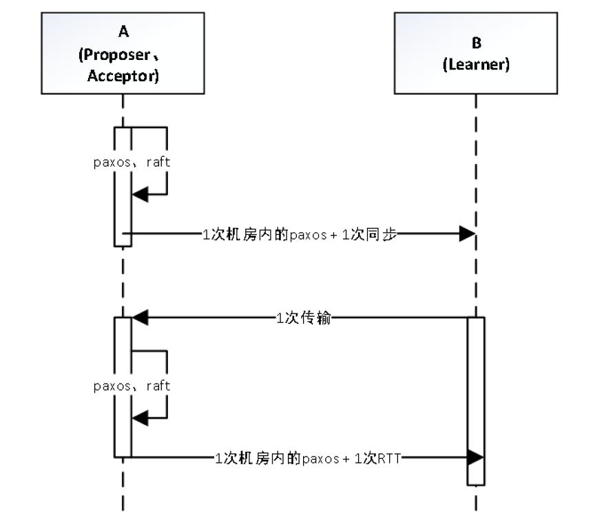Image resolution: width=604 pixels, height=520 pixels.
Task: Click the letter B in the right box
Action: (476, 43)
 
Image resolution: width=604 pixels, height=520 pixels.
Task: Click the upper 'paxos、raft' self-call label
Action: (132, 163)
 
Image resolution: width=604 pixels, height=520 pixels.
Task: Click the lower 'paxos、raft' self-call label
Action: (132, 386)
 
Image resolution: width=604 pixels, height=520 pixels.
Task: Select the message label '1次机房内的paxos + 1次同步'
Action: (299, 233)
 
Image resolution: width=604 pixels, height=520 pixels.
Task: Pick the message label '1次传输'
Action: (303, 318)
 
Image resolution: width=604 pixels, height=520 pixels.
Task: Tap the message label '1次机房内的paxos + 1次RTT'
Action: (308, 457)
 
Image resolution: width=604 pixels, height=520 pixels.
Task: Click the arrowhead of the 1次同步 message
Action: (468, 233)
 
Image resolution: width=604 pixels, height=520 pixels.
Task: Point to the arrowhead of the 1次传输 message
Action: (140, 318)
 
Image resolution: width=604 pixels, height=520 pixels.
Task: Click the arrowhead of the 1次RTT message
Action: (477, 457)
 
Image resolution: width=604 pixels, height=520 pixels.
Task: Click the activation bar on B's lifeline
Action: (476, 399)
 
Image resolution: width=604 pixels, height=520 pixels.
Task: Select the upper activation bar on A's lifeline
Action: (123, 186)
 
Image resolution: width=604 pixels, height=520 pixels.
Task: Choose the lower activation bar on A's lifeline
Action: (123, 386)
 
